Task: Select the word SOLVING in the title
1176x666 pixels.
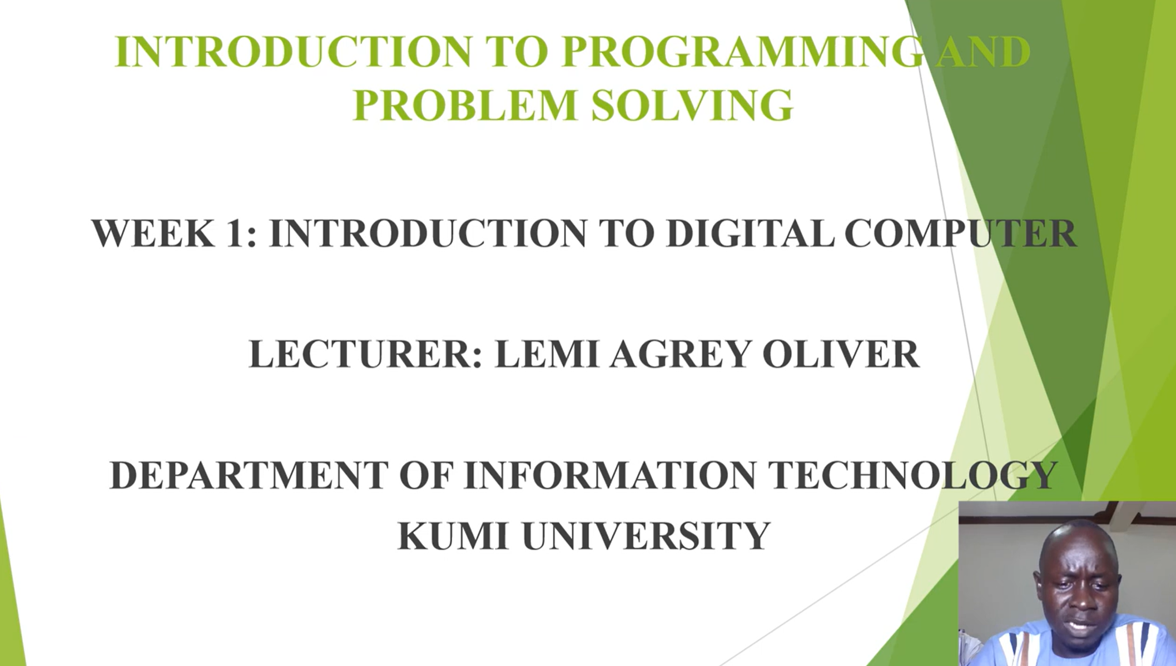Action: click(x=692, y=105)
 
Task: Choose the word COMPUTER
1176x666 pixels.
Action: click(x=960, y=233)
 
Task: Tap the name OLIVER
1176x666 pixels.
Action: click(x=840, y=354)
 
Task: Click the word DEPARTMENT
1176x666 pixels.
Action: click(x=249, y=475)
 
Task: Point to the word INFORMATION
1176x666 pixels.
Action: click(x=609, y=475)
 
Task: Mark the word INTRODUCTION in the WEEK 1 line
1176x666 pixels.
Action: click(x=428, y=233)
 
